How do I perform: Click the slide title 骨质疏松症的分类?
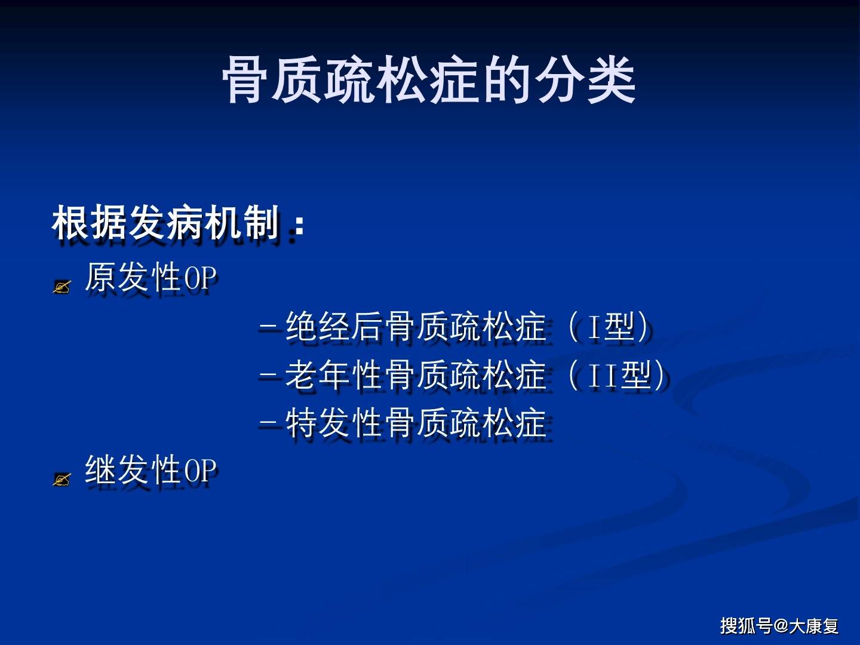(x=429, y=80)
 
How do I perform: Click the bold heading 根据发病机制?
(x=166, y=223)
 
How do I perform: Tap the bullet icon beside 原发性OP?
(x=62, y=287)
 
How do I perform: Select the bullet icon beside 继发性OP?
(x=62, y=479)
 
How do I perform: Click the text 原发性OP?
(x=150, y=278)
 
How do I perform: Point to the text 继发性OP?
(x=150, y=470)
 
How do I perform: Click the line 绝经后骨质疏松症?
(x=416, y=327)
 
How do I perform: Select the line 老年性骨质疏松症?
(x=416, y=375)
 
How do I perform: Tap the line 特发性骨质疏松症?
(x=416, y=423)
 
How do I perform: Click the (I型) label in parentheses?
(x=608, y=327)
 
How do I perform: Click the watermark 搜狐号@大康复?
(x=779, y=625)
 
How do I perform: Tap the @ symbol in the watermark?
(x=781, y=626)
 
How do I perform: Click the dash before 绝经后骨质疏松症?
(x=268, y=328)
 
